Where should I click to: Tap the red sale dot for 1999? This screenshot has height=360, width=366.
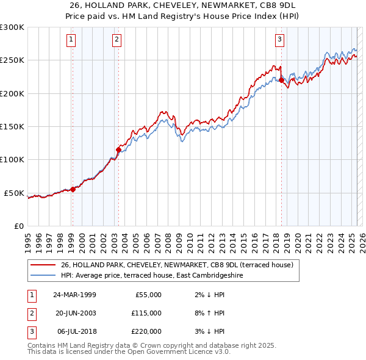pos(73,189)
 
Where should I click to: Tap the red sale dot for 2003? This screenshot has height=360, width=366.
pos(118,149)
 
